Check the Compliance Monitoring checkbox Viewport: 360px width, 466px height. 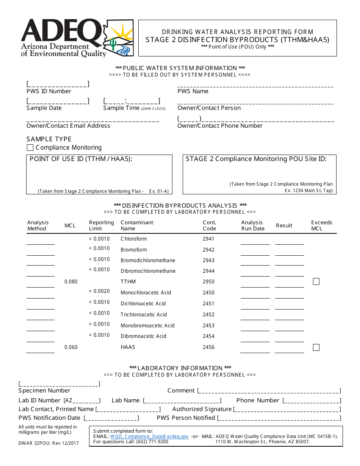(x=30, y=148)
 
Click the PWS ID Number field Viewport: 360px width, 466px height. (x=58, y=84)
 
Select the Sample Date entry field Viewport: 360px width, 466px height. (x=58, y=101)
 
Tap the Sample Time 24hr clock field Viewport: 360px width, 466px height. (x=131, y=101)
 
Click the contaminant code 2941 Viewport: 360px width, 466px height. (x=208, y=239)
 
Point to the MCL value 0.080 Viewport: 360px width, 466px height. (x=71, y=281)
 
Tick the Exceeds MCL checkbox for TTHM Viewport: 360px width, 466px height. (x=316, y=281)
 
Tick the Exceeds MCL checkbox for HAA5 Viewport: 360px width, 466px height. (x=316, y=347)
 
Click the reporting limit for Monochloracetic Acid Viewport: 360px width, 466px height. (x=99, y=291)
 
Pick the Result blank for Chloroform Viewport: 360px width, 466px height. (x=290, y=241)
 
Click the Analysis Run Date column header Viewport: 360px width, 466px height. (x=252, y=225)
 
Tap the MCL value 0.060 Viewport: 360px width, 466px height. (x=71, y=347)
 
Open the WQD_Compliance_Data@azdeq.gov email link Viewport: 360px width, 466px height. (x=149, y=436)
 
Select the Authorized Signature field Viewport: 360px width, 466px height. (x=287, y=409)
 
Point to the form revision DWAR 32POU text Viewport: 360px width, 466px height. (x=49, y=443)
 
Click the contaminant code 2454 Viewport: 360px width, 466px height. (x=208, y=336)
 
